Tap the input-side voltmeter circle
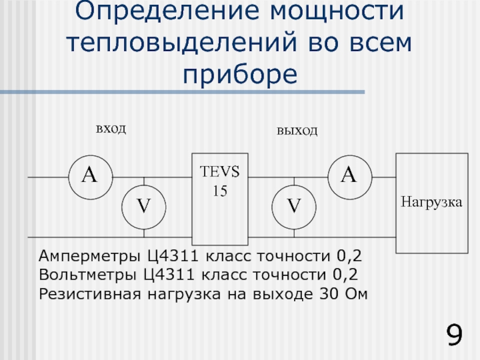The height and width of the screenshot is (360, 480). coord(144,206)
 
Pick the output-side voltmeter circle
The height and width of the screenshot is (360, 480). coord(293,206)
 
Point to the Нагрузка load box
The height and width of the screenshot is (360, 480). coord(431,203)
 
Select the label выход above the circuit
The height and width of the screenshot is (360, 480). coord(297,131)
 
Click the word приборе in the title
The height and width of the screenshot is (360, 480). coord(240,74)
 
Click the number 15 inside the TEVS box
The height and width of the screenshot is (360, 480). coord(214,191)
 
